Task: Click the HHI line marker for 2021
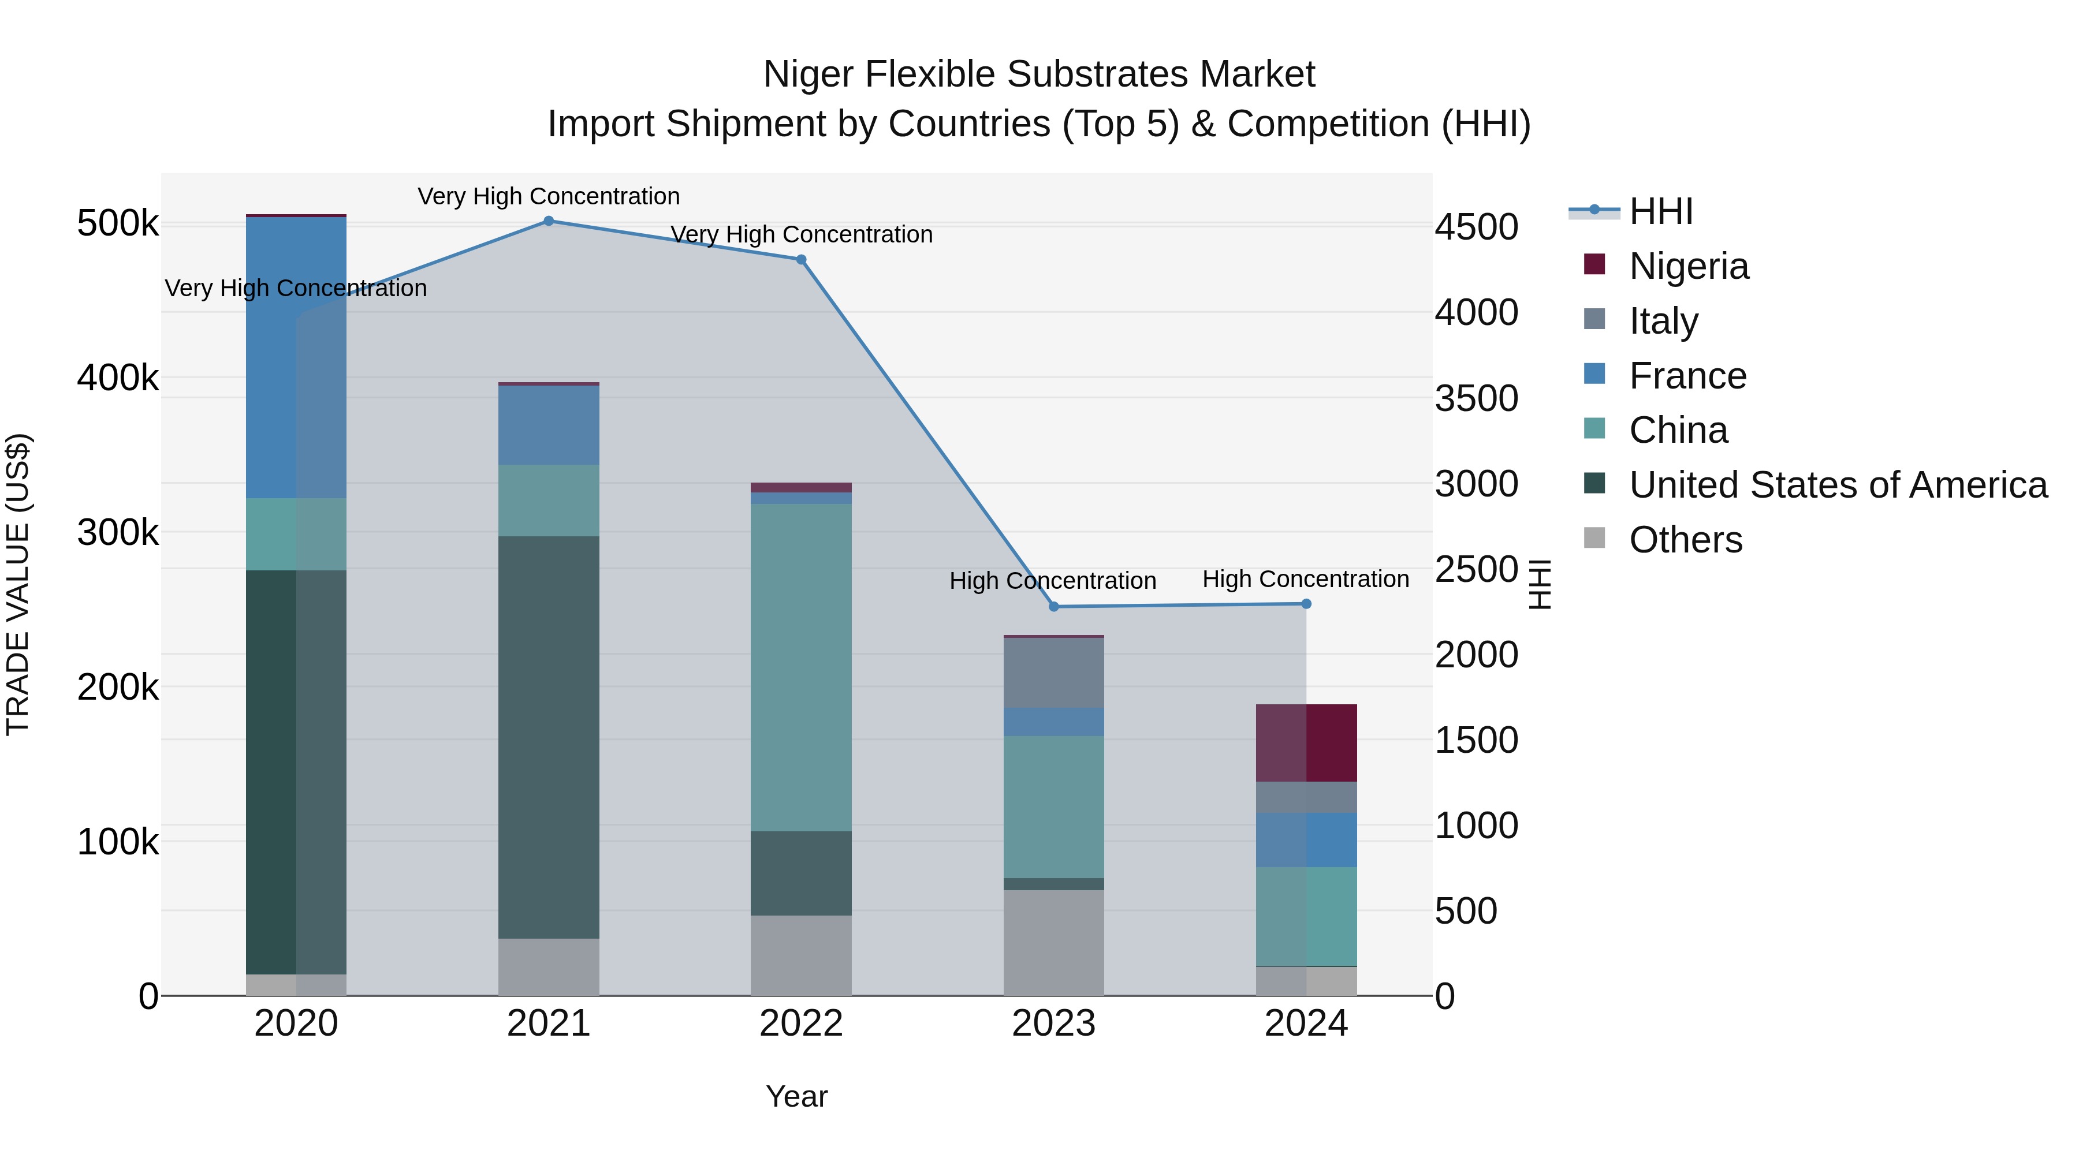[548, 221]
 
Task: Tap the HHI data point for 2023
[1053, 607]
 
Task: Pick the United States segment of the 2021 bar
[548, 736]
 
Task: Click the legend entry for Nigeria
[1689, 266]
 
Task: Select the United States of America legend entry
[1838, 485]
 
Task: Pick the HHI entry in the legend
[1660, 211]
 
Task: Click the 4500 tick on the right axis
[1476, 227]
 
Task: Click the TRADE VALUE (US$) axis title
[18, 584]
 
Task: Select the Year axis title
[796, 1096]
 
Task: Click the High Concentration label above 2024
[1305, 578]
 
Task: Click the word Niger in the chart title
[808, 74]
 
